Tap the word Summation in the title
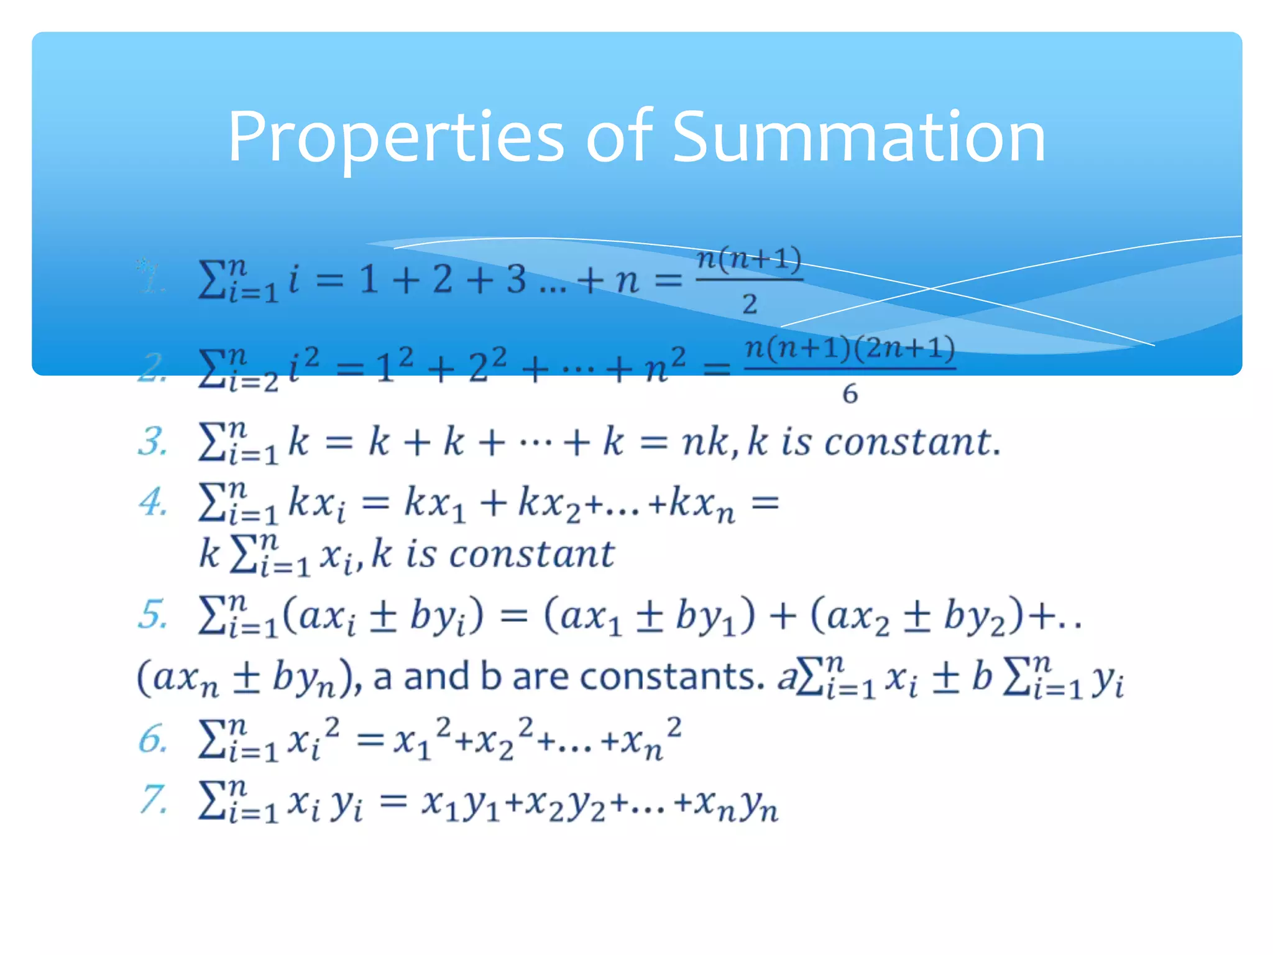[859, 137]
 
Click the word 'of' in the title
[618, 137]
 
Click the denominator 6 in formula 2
[850, 394]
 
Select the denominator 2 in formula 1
[750, 304]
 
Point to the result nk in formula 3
[704, 443]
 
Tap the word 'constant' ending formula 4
[532, 554]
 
